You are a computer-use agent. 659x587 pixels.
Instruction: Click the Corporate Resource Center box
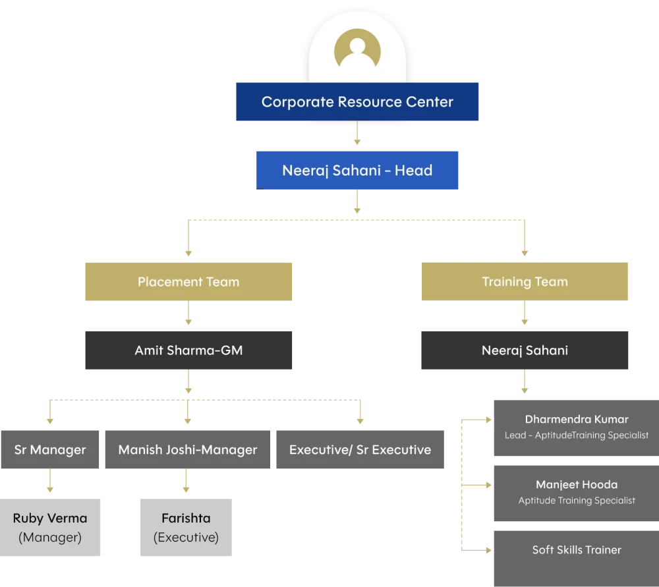356,101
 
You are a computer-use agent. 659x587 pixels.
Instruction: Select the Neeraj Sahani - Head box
357,170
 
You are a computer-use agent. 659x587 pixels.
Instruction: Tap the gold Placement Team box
188,282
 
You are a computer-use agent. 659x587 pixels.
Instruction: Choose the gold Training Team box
525,282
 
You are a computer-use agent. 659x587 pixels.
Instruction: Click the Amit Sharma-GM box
188,350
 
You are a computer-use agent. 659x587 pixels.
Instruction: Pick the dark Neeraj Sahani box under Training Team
525,350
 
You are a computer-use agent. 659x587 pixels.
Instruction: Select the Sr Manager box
50,450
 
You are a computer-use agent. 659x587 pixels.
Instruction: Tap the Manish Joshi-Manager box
188,450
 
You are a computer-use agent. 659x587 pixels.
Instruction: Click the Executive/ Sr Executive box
360,450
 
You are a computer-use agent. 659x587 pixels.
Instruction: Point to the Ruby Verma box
50,527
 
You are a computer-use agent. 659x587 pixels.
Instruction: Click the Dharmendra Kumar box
576,426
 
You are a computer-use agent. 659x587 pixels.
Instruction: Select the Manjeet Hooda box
576,491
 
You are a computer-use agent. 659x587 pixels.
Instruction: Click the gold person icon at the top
357,49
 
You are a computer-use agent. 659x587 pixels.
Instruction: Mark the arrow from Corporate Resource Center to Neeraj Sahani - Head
357,135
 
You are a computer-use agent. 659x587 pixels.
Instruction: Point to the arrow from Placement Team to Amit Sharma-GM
188,316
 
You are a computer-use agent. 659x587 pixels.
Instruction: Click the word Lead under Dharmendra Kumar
515,435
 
